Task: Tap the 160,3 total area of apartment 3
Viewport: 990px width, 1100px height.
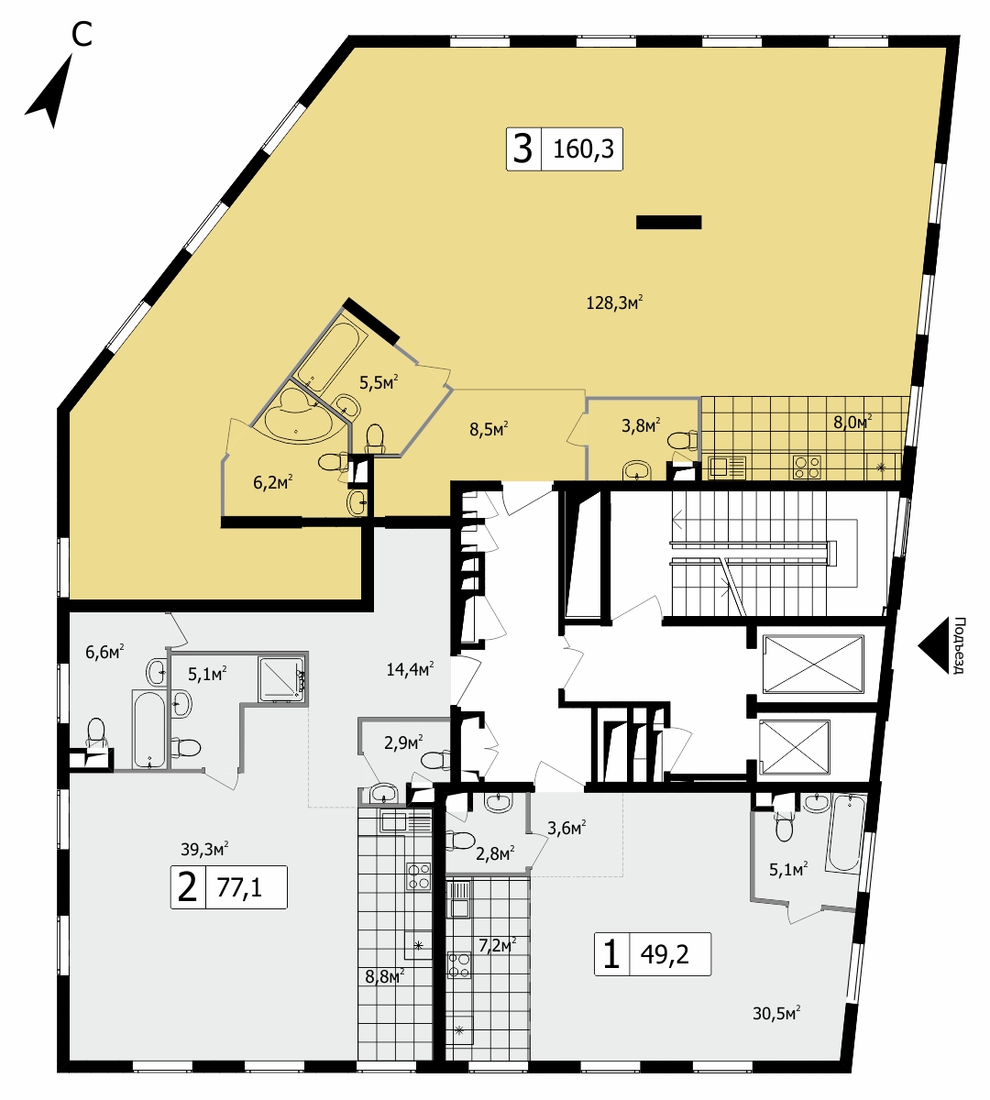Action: point(583,149)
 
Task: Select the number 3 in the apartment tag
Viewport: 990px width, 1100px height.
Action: point(522,149)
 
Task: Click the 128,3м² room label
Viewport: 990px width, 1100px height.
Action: point(614,302)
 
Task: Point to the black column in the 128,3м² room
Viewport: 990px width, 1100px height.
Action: point(668,222)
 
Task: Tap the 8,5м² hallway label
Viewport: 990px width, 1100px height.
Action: point(489,428)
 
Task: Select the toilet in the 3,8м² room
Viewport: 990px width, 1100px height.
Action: point(682,440)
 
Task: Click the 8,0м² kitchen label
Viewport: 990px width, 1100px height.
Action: point(852,423)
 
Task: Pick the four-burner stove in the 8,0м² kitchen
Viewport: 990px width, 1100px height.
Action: point(808,467)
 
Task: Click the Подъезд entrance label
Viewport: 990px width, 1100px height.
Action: point(959,645)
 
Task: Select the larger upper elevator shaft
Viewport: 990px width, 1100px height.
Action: point(813,664)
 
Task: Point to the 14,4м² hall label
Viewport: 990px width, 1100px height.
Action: point(411,669)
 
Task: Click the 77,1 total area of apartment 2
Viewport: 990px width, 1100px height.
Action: point(239,887)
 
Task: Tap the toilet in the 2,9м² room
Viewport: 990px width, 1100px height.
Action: point(435,760)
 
